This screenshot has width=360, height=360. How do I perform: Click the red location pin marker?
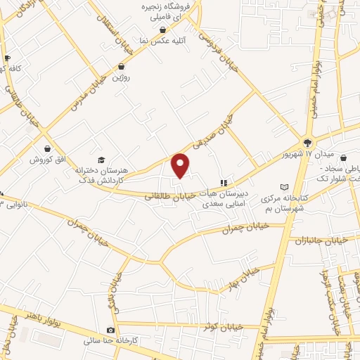coord(181,166)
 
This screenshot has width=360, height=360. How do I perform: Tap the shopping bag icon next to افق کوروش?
coord(46,149)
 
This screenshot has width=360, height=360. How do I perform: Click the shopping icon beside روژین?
coord(121,66)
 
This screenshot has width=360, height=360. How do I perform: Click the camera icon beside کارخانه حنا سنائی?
coord(110,330)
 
